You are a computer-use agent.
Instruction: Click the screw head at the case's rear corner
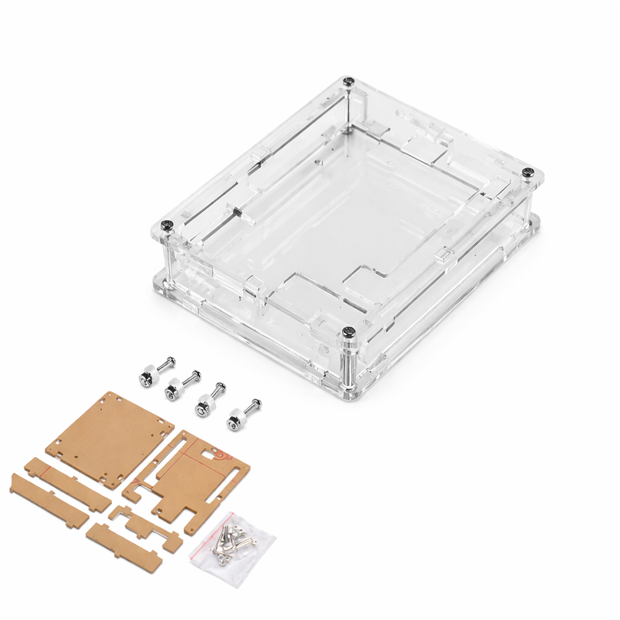tap(348, 81)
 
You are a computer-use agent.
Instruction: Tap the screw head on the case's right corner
tap(528, 173)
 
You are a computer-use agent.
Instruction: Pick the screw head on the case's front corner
tap(348, 332)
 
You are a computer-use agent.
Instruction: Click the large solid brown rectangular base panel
tap(110, 439)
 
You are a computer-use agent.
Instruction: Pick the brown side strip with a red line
tap(67, 484)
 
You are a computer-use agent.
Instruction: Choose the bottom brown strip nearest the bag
tap(124, 547)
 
